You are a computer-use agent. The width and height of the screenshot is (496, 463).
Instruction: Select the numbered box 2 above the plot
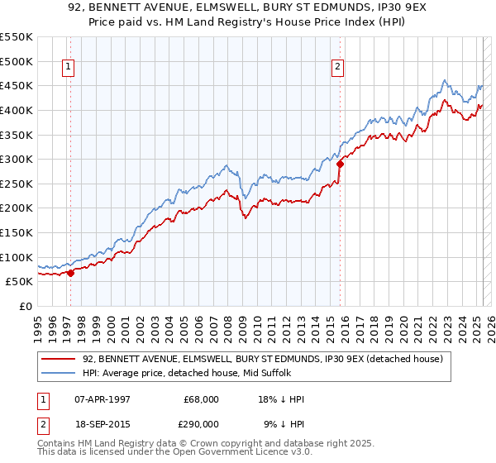pos(338,69)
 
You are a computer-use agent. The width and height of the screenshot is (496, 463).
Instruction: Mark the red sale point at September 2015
pos(340,164)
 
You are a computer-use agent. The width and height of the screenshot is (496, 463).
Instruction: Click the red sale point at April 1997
pos(70,272)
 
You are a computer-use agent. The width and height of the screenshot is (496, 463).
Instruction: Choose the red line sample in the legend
pos(60,359)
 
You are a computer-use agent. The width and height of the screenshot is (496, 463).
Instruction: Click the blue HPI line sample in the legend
pos(60,373)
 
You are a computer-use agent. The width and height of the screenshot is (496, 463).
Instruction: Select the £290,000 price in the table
pos(200,423)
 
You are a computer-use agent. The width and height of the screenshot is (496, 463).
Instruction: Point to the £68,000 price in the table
pos(200,399)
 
